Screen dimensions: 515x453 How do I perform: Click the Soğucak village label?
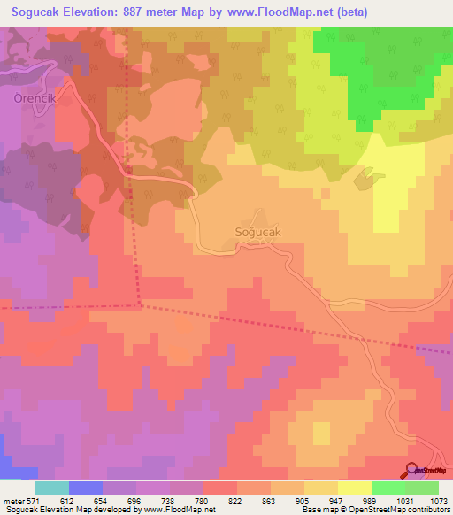(x=259, y=232)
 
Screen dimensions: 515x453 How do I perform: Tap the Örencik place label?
(x=35, y=99)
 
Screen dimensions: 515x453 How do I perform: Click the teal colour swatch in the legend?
(x=52, y=488)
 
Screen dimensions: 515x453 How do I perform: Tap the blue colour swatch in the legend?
(x=86, y=488)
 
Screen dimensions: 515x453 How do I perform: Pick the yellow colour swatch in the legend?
(x=354, y=488)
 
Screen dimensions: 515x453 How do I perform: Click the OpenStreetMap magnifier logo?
(x=412, y=472)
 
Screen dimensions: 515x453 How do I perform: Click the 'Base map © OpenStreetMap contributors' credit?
(x=374, y=510)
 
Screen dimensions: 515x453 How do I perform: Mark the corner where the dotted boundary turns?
(x=140, y=306)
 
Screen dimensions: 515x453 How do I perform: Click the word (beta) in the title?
(x=346, y=12)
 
